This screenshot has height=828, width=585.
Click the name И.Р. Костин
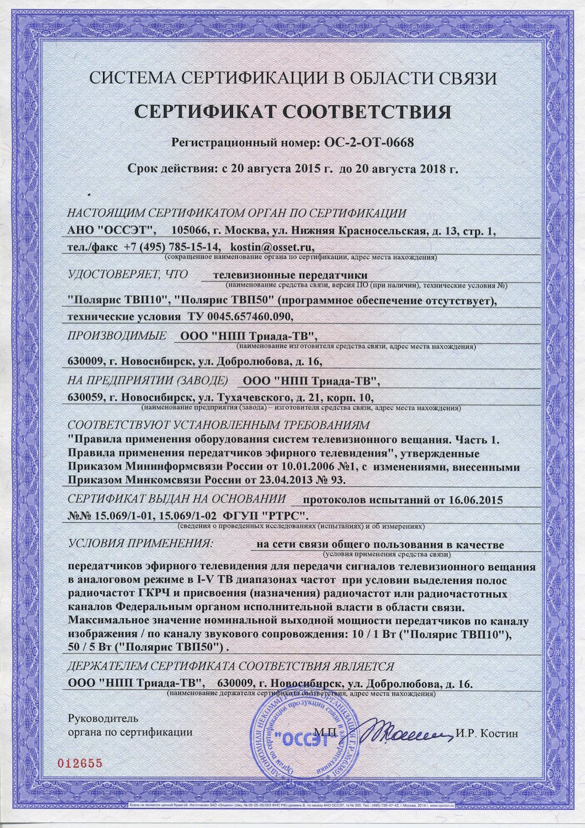tap(487, 734)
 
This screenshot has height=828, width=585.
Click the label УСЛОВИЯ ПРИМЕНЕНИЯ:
tap(139, 543)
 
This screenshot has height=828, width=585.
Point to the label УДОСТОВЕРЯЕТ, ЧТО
tap(127, 274)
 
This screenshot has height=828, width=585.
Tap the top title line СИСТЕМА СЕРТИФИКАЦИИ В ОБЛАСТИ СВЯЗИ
tap(292, 78)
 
